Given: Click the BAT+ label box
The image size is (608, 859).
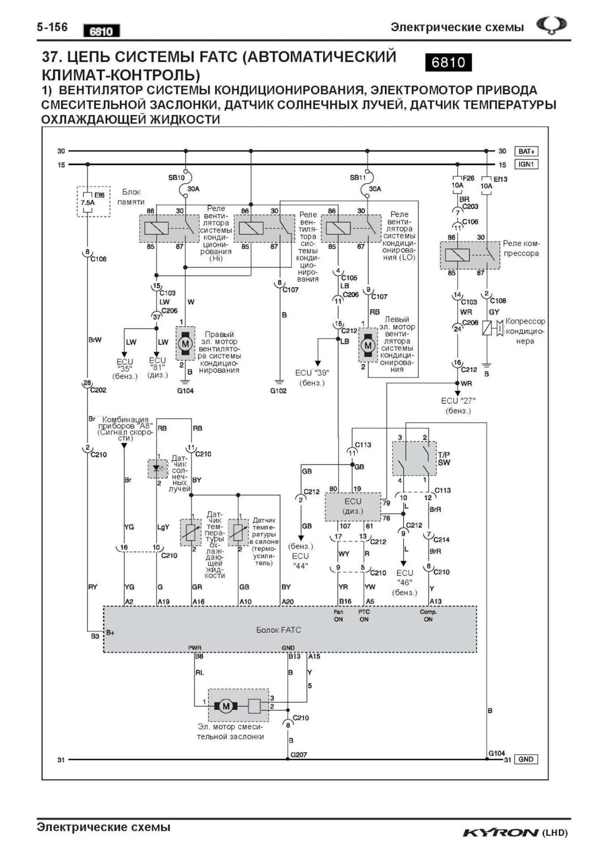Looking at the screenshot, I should [x=526, y=151].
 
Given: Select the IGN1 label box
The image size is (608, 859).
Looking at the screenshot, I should [x=526, y=165].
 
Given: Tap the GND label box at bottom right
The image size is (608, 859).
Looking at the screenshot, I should [x=526, y=759].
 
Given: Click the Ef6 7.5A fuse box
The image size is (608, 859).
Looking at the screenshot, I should [x=93, y=202].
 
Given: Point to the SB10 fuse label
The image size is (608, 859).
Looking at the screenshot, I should [x=176, y=178].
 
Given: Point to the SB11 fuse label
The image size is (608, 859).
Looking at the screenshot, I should [x=357, y=178].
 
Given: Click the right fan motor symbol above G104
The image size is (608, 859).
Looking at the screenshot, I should [x=185, y=343].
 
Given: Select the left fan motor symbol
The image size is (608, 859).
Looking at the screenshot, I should [x=368, y=345].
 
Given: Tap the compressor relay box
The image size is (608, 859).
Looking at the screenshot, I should [x=469, y=255].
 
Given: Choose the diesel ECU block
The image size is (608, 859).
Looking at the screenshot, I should [x=353, y=506].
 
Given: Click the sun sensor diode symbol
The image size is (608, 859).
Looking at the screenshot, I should [x=157, y=469].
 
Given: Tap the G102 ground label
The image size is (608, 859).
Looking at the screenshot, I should [x=278, y=391].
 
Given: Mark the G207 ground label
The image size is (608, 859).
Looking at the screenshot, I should [x=298, y=755].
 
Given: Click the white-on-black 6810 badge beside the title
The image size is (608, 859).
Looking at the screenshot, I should [x=448, y=62].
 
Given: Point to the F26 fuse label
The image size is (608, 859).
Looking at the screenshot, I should [x=469, y=178].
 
